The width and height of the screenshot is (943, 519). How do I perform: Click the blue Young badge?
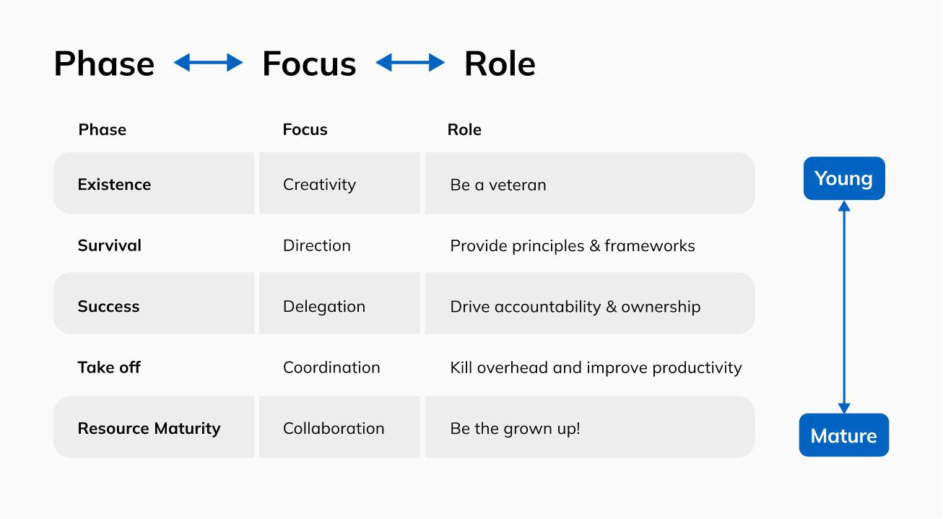[844, 178]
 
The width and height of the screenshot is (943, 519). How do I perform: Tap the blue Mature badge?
[843, 435]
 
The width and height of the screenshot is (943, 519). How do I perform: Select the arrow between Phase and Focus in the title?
[208, 63]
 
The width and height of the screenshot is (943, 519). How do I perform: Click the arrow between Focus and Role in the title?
[409, 63]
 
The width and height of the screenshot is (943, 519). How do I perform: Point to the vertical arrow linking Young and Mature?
[844, 307]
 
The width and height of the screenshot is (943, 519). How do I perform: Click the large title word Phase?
[104, 64]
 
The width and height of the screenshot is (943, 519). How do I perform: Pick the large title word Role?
[500, 64]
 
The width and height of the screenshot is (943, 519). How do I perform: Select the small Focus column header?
[305, 130]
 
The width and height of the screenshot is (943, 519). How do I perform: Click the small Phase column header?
[102, 130]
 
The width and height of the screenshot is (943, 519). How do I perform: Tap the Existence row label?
[114, 184]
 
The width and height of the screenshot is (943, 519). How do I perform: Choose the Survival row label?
[110, 245]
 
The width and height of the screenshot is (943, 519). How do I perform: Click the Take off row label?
[109, 367]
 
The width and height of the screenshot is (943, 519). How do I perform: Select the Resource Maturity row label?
[149, 429]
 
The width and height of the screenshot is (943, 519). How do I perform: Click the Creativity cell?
[320, 185]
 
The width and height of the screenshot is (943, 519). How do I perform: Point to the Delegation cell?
[324, 307]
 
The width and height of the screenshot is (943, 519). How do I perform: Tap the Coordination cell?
[331, 367]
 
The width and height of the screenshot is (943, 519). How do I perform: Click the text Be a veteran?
[498, 185]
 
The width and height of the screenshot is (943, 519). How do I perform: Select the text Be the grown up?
[515, 429]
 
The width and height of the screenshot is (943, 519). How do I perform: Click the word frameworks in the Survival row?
[650, 246]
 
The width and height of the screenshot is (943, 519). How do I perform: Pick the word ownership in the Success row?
[661, 307]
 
